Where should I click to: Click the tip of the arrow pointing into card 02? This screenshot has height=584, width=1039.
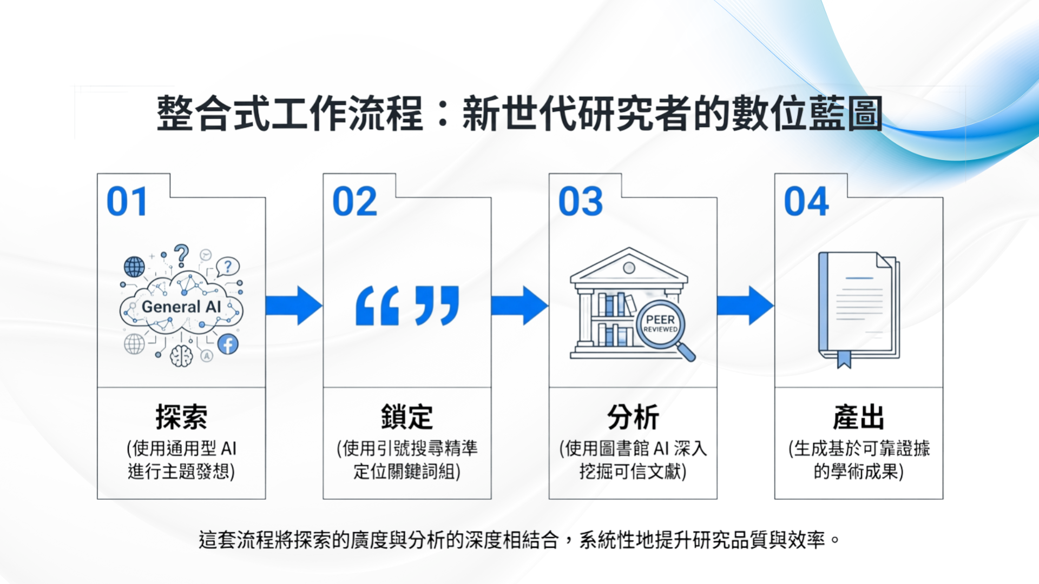(323, 306)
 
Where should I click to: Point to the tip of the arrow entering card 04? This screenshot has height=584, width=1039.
(774, 306)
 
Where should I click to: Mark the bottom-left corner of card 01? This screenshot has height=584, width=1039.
(97, 499)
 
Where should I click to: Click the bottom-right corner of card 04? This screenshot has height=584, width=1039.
(943, 499)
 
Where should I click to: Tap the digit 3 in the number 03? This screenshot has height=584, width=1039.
(592, 202)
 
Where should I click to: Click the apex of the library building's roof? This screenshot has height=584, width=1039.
(629, 248)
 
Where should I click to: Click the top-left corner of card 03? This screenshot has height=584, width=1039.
(549, 174)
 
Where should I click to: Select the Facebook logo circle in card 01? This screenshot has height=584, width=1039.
(228, 344)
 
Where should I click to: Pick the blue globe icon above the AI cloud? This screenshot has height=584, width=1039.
(134, 267)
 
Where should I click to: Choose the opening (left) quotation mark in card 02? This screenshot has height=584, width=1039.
(377, 306)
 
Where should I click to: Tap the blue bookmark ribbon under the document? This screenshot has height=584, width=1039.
(844, 359)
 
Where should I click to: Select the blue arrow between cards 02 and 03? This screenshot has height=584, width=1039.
(519, 306)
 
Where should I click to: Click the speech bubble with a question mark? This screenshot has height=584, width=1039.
(228, 267)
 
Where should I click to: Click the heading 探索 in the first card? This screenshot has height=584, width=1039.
(181, 417)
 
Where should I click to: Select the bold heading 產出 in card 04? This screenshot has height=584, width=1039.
(859, 417)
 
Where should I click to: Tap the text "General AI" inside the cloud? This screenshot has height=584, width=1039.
(181, 307)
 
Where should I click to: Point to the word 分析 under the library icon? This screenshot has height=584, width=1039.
(633, 417)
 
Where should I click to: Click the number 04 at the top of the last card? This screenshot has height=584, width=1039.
(806, 202)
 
